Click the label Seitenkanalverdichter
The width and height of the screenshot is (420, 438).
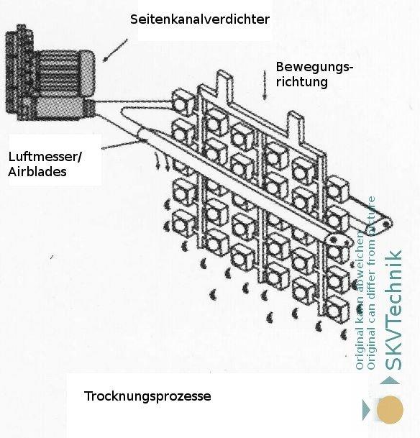[x=200, y=19]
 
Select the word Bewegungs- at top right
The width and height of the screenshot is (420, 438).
[x=314, y=67]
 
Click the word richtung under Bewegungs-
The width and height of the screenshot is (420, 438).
[x=301, y=82]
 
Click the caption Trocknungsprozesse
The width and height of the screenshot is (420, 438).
[x=147, y=396]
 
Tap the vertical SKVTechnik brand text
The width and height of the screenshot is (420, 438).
[x=394, y=320]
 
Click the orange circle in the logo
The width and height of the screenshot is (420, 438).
[x=391, y=410]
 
